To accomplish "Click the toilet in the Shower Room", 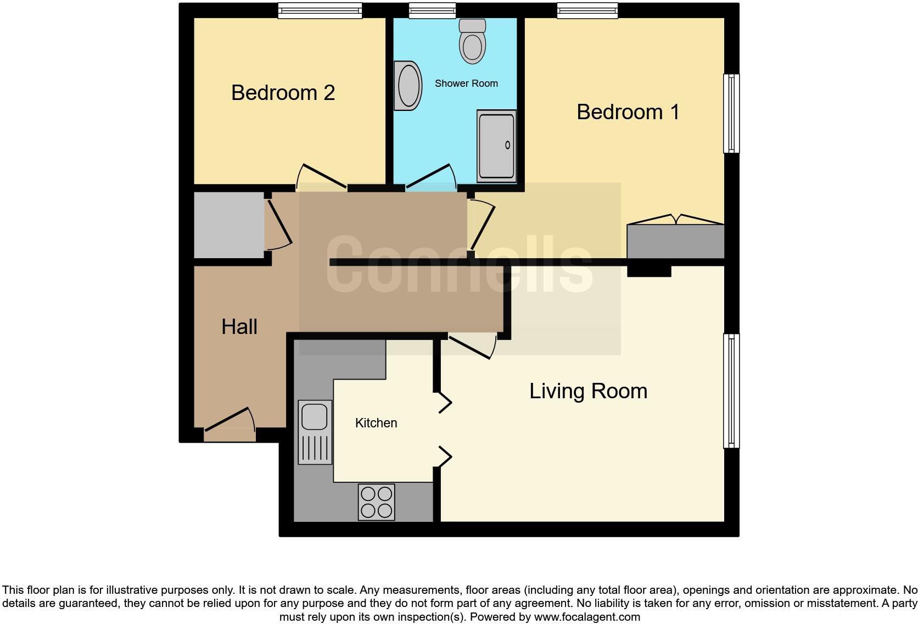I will point(472,42).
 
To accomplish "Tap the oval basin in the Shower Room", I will point(408,86).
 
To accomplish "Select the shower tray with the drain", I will point(496,146).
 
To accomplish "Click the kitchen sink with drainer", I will point(315,432).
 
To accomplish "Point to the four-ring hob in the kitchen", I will point(377,502).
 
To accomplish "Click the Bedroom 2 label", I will point(283,93).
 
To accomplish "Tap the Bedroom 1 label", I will point(628,112).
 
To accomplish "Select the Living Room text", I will point(588,391).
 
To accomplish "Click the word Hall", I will point(239,327).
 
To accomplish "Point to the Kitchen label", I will point(376,423).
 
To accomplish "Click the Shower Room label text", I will point(466,83).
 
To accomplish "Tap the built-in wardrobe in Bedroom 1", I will point(675,241).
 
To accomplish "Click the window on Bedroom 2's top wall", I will point(320,10).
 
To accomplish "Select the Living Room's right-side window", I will point(731,391).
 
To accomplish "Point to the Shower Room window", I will point(432,10).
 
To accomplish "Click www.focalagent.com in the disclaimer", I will point(587,617).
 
